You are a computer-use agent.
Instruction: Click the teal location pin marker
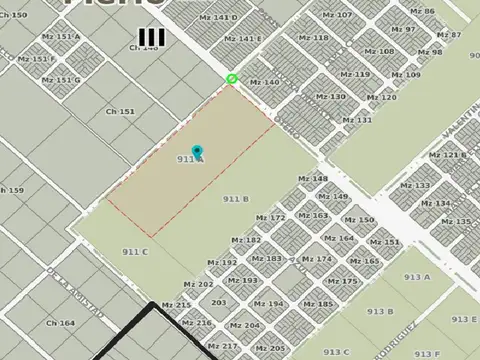coord(197,152)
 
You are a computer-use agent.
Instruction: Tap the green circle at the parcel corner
coord(232,79)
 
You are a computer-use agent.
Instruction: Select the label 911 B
coord(236,199)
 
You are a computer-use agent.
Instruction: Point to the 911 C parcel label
coord(135,251)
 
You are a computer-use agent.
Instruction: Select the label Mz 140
coord(265,82)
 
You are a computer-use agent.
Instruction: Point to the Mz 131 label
coord(357,120)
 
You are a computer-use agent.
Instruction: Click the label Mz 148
coord(313,179)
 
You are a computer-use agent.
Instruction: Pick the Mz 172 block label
coord(270,217)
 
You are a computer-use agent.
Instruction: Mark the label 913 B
coord(380,311)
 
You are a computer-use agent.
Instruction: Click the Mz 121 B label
coord(447,155)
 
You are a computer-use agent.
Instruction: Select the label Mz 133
coord(415,186)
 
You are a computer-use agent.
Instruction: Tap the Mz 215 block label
coord(176,305)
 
